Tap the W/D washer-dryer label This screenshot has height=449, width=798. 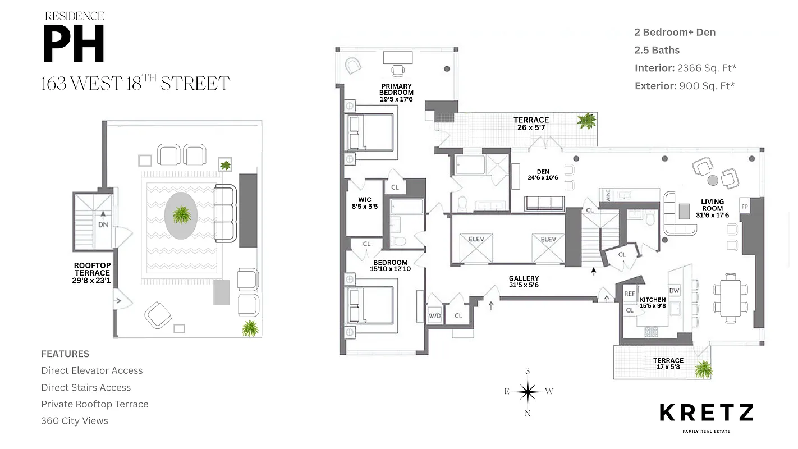435,316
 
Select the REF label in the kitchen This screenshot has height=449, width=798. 630,294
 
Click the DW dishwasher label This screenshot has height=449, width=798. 674,291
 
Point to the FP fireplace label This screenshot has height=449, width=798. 745,205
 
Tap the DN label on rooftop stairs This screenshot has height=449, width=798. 103,224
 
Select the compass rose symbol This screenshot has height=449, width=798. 528,391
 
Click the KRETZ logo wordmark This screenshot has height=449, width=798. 706,413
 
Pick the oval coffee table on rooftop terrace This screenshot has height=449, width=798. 181,216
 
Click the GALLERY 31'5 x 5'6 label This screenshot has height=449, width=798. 524,282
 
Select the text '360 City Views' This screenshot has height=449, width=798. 75,420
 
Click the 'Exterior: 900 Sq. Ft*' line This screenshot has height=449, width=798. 685,86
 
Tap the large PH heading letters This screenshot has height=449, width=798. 74,45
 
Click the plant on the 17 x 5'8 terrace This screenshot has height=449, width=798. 703,369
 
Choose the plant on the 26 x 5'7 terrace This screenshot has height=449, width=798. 587,121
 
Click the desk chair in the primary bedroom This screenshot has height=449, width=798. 398,71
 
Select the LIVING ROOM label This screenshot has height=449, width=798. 712,205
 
